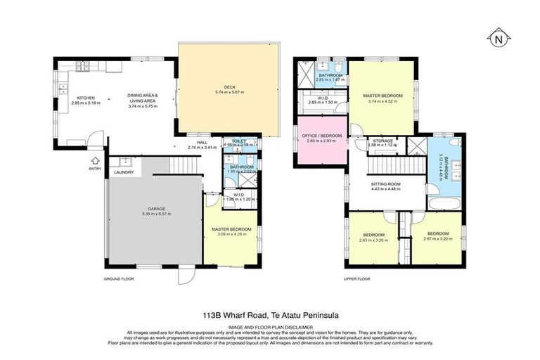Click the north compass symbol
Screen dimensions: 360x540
coord(498,38)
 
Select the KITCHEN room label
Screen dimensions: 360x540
coord(86,98)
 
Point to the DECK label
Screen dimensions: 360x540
coord(229,88)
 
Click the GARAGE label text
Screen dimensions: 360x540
coord(156,209)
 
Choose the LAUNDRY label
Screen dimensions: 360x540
coord(124,172)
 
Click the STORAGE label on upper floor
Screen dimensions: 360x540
coord(382,141)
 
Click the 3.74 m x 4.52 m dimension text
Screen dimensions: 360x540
coord(383,101)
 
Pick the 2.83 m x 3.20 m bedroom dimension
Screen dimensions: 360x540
coord(373,240)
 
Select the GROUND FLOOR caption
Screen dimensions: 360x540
coord(119,278)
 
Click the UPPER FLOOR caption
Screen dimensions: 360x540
coord(356,278)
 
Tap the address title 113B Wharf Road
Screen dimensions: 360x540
coord(270,316)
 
